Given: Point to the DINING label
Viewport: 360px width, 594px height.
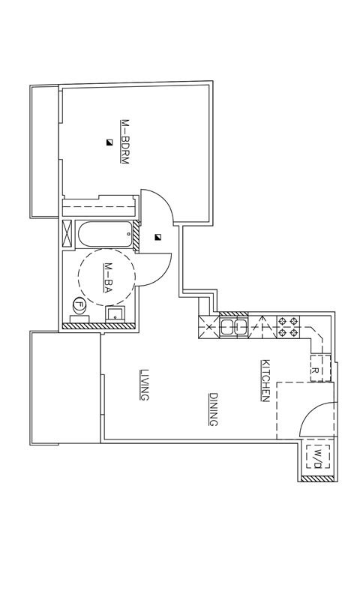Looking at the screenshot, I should pyautogui.click(x=213, y=409).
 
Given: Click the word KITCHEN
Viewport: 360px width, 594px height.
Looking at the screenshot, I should pyautogui.click(x=265, y=380).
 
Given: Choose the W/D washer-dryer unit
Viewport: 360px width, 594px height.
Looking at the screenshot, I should pyautogui.click(x=316, y=456).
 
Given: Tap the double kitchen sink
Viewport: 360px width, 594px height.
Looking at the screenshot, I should pyautogui.click(x=234, y=326).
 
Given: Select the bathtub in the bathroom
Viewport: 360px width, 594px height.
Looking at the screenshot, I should pyautogui.click(x=104, y=235).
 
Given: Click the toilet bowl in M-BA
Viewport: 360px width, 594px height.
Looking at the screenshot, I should pyautogui.click(x=79, y=305).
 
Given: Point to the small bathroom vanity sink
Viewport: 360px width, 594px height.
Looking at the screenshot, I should pyautogui.click(x=116, y=313).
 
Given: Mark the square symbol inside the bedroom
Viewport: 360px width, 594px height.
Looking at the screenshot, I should pyautogui.click(x=109, y=142).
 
